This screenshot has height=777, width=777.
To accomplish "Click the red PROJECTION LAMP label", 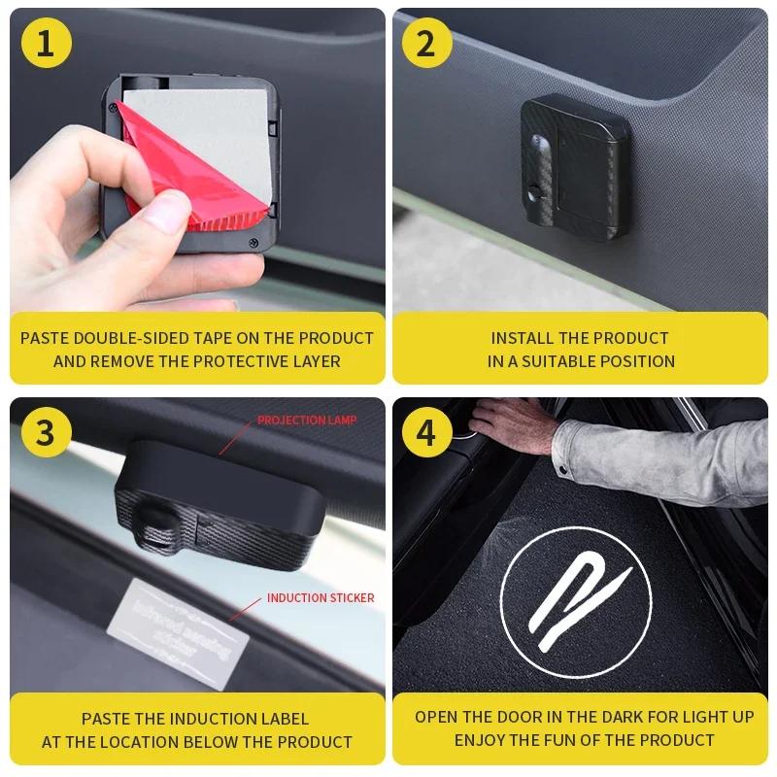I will click(x=307, y=421).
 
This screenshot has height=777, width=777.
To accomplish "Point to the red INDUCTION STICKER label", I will click(x=321, y=598).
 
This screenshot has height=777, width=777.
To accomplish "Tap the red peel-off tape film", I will click(x=194, y=185).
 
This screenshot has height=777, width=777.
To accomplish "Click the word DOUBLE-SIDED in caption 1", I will click(x=143, y=338).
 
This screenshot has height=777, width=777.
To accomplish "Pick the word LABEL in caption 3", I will click(x=283, y=719).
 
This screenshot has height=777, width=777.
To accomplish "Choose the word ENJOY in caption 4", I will click(x=481, y=740).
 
